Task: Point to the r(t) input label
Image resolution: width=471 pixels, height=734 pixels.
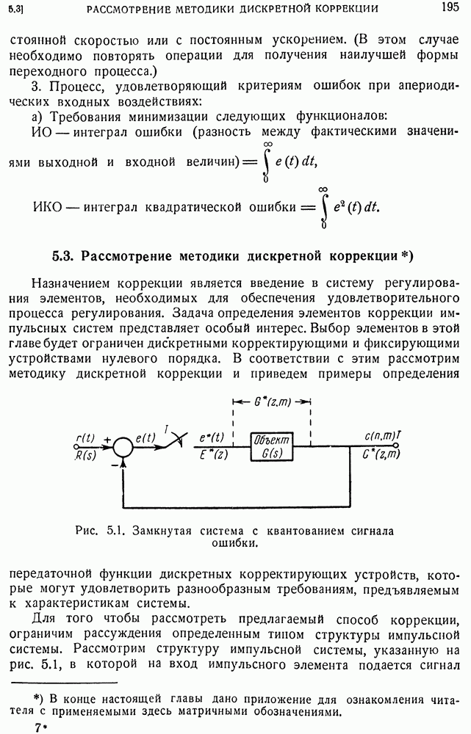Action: [85, 438]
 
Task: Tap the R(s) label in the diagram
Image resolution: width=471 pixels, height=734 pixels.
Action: [85, 454]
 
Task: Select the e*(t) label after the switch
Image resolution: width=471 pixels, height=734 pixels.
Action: [212, 437]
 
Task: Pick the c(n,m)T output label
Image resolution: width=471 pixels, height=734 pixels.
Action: [381, 437]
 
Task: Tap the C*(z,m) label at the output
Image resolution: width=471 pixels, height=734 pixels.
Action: [381, 454]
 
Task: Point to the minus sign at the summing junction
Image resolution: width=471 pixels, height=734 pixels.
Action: [113, 464]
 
